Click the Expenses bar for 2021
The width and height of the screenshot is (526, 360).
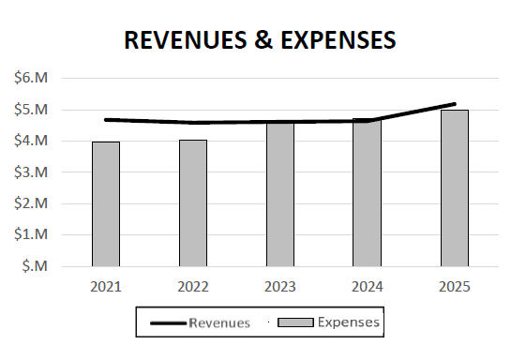point(105,203)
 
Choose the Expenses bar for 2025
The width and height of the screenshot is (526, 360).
point(455,187)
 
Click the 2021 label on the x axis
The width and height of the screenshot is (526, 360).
point(105,285)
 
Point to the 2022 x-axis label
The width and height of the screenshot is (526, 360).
point(193,285)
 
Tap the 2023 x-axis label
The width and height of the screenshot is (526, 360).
point(280,285)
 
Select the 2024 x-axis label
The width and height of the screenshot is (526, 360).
point(368,285)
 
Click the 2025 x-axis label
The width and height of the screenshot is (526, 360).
point(455,285)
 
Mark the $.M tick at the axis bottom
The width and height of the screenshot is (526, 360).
point(34,266)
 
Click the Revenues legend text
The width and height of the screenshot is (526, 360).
point(219,323)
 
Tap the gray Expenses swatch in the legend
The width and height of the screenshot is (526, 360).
point(297,322)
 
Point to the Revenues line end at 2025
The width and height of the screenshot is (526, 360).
point(455,104)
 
